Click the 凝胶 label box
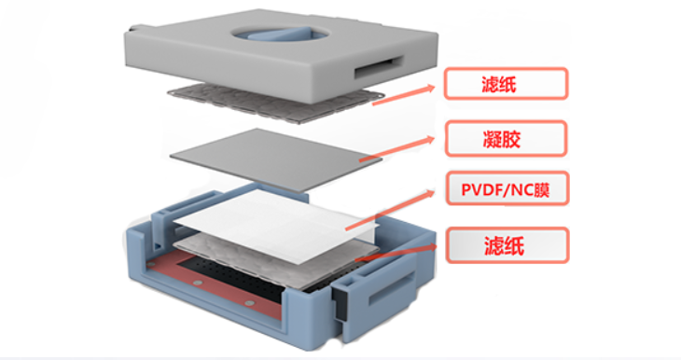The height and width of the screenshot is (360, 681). coord(506,139)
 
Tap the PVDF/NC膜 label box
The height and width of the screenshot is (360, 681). coord(507,189)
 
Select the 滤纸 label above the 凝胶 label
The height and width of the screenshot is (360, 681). coord(506,83)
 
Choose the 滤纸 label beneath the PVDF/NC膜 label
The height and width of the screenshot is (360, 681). coord(507,245)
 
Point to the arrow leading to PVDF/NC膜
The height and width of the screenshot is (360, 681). coord(390,210)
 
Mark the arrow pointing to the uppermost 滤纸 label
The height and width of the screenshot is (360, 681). coord(404,95)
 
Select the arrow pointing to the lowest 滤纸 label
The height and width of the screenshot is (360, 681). coord(396,253)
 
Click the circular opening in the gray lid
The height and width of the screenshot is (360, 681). coord(280,33)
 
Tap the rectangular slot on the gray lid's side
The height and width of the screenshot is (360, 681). coord(379,67)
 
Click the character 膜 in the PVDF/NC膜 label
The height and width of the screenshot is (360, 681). coord(542,189)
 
